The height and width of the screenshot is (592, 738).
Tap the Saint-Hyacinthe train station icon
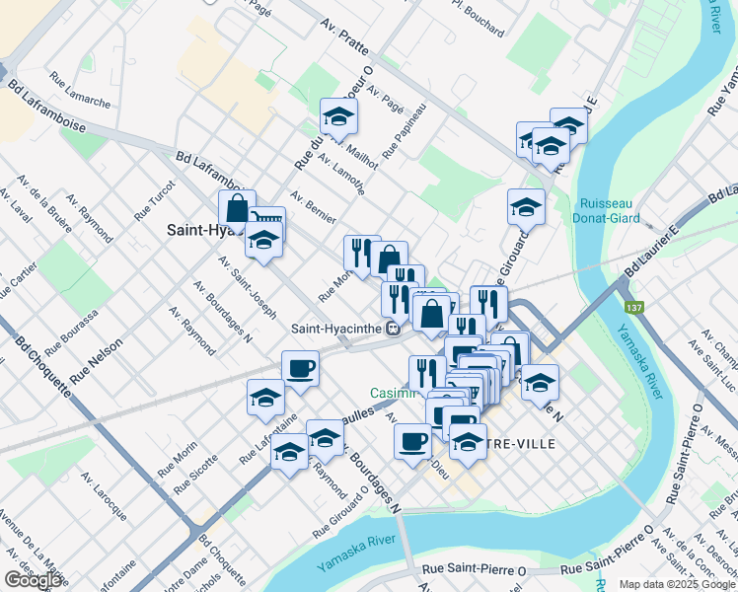click(x=393, y=329)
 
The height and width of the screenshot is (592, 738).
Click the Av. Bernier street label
click(x=313, y=206)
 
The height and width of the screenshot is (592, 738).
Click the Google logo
click(x=33, y=580)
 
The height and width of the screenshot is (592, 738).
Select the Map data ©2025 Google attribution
click(x=676, y=584)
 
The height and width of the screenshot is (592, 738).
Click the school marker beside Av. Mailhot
click(x=337, y=117)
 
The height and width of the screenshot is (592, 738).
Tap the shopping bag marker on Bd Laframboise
click(x=237, y=209)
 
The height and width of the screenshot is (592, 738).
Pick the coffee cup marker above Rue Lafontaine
click(x=300, y=369)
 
